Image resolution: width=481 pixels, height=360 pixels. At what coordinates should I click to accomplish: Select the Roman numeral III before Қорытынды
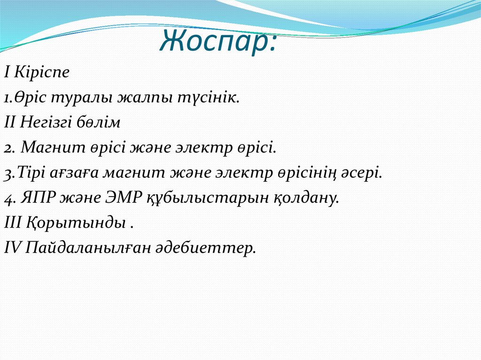(x=12, y=223)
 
